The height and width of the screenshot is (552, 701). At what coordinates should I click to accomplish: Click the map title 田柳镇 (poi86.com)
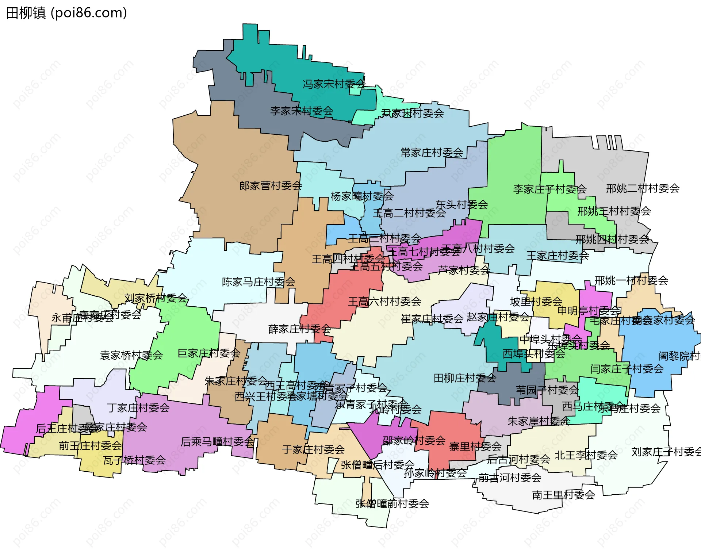click(66, 13)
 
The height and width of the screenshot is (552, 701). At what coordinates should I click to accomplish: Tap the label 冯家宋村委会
click(333, 84)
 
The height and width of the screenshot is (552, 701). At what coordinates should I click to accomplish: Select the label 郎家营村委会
click(271, 186)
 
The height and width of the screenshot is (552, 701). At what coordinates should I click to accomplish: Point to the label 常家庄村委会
click(432, 153)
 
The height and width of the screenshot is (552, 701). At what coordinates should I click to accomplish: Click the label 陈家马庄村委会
click(258, 282)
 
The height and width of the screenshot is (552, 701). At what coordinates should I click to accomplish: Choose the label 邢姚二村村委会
click(643, 189)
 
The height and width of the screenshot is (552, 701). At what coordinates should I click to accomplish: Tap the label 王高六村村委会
click(384, 302)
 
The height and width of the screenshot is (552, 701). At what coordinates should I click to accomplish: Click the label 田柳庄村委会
click(464, 378)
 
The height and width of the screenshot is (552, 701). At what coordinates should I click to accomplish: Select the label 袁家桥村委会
click(131, 355)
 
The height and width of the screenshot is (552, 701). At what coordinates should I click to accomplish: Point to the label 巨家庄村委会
click(208, 353)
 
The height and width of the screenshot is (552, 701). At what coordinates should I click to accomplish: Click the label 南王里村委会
click(563, 495)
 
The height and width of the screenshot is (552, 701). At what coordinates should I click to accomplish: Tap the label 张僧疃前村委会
click(392, 504)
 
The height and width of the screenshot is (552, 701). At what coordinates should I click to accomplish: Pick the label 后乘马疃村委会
click(217, 442)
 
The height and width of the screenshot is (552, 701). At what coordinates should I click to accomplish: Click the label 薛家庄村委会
click(299, 329)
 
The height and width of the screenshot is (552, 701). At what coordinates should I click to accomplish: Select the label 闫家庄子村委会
click(627, 369)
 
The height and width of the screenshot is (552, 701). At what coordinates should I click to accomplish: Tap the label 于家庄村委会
click(313, 449)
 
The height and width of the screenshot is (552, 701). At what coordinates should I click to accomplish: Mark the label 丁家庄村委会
click(138, 408)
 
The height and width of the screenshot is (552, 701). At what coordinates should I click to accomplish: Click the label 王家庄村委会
click(558, 256)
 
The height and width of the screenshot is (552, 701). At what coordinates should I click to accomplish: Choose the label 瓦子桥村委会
click(134, 460)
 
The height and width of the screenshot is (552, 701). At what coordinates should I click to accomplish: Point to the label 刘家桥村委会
click(156, 298)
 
